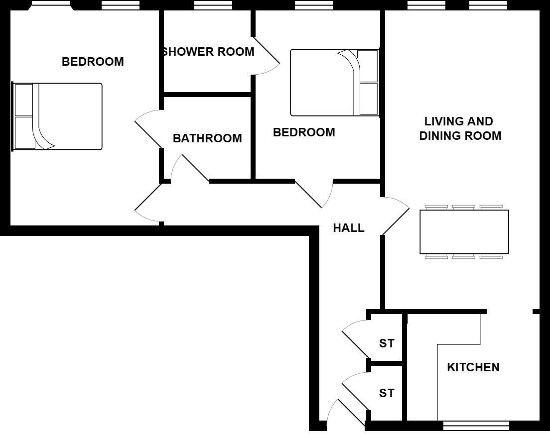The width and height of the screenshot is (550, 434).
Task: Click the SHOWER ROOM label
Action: click(209, 52)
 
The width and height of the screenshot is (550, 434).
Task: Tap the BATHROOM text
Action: click(207, 138)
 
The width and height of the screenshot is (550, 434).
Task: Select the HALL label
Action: click(349, 228)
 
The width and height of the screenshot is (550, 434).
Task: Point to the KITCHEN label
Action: click(473, 367)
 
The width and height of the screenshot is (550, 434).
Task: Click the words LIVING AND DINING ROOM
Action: click(460, 128)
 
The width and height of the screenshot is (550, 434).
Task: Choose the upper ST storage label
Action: click(387, 343)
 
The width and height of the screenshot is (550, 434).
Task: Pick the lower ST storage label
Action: click(387, 393)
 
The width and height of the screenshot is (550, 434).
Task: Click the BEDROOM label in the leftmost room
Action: click(93, 62)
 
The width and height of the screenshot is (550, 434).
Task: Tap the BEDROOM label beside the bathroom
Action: click(304, 132)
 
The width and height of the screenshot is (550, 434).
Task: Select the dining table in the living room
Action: click(464, 232)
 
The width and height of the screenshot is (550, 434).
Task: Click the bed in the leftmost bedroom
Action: click(57, 116)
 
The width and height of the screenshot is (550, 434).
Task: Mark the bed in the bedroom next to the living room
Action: click(334, 83)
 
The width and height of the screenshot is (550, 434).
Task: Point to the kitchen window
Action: click(476, 426)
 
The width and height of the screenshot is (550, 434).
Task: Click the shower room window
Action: click(213, 5)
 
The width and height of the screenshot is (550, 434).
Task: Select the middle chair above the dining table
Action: click(463, 207)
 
